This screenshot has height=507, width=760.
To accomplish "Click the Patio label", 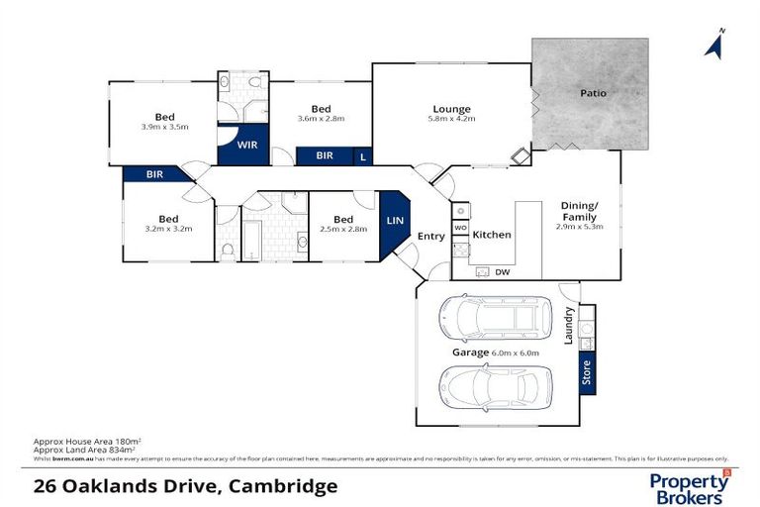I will tap(593, 93).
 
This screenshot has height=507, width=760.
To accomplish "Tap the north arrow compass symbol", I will tap(712, 44).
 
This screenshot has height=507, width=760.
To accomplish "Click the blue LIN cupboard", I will tap(394, 220).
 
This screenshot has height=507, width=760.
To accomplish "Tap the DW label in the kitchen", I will tap(502, 271).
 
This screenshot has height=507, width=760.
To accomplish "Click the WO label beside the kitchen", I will tap(460, 228).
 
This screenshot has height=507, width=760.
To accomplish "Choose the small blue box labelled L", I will tap(363, 156).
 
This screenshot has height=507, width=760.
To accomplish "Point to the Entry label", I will tap(430, 236).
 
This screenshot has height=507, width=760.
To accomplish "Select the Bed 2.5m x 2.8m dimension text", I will tap(343, 229).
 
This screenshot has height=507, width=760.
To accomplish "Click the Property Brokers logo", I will tap(691, 486).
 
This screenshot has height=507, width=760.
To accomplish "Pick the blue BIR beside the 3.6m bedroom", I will tap(324, 156).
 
